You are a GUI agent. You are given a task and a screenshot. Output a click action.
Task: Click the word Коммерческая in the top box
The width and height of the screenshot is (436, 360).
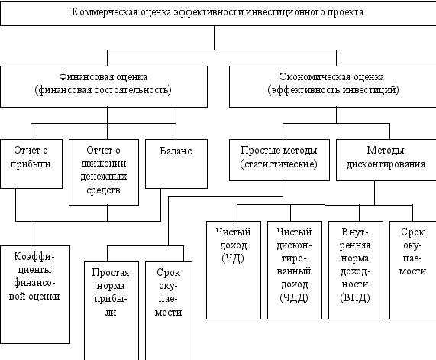pyautogui.click(x=105, y=12)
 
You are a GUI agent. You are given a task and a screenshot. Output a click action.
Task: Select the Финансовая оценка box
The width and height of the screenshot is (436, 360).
pyautogui.click(x=104, y=86)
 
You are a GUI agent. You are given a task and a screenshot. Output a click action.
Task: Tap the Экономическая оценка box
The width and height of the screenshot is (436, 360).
pyautogui.click(x=333, y=86)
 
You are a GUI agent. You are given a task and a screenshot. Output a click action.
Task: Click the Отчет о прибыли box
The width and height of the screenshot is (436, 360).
pyautogui.click(x=31, y=164)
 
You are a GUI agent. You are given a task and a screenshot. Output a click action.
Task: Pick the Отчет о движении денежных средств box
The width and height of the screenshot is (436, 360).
pyautogui.click(x=104, y=172)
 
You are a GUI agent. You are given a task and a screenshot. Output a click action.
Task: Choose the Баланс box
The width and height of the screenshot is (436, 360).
pyautogui.click(x=176, y=164)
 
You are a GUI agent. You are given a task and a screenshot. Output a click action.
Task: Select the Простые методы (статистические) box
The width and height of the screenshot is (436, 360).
pyautogui.click(x=279, y=160)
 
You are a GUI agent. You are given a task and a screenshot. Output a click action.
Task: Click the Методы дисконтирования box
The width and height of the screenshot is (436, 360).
pyautogui.click(x=386, y=160)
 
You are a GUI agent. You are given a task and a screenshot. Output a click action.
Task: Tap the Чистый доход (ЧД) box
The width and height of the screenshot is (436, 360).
pyautogui.click(x=234, y=270)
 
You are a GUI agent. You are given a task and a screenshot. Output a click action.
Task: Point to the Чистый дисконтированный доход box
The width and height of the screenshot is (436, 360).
pyautogui.click(x=295, y=270)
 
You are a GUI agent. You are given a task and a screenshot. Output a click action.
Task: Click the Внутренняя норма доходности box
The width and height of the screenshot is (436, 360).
pyautogui.click(x=356, y=270)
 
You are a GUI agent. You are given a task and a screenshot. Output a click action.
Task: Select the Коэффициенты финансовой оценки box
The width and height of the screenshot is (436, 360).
pyautogui.click(x=35, y=294)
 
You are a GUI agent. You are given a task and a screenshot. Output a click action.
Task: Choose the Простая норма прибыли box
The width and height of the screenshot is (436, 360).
pyautogui.click(x=111, y=311)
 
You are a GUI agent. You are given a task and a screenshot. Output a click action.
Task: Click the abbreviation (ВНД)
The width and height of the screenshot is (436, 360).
pyautogui.click(x=355, y=297)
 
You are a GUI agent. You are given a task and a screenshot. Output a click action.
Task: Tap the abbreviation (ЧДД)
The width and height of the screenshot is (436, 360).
pyautogui.click(x=294, y=297)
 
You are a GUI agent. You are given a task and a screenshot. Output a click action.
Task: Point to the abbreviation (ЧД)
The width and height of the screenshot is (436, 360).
pyautogui.click(x=233, y=258)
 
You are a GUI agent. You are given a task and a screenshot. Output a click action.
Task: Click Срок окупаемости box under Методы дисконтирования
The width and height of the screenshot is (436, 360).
pyautogui.click(x=412, y=270)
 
